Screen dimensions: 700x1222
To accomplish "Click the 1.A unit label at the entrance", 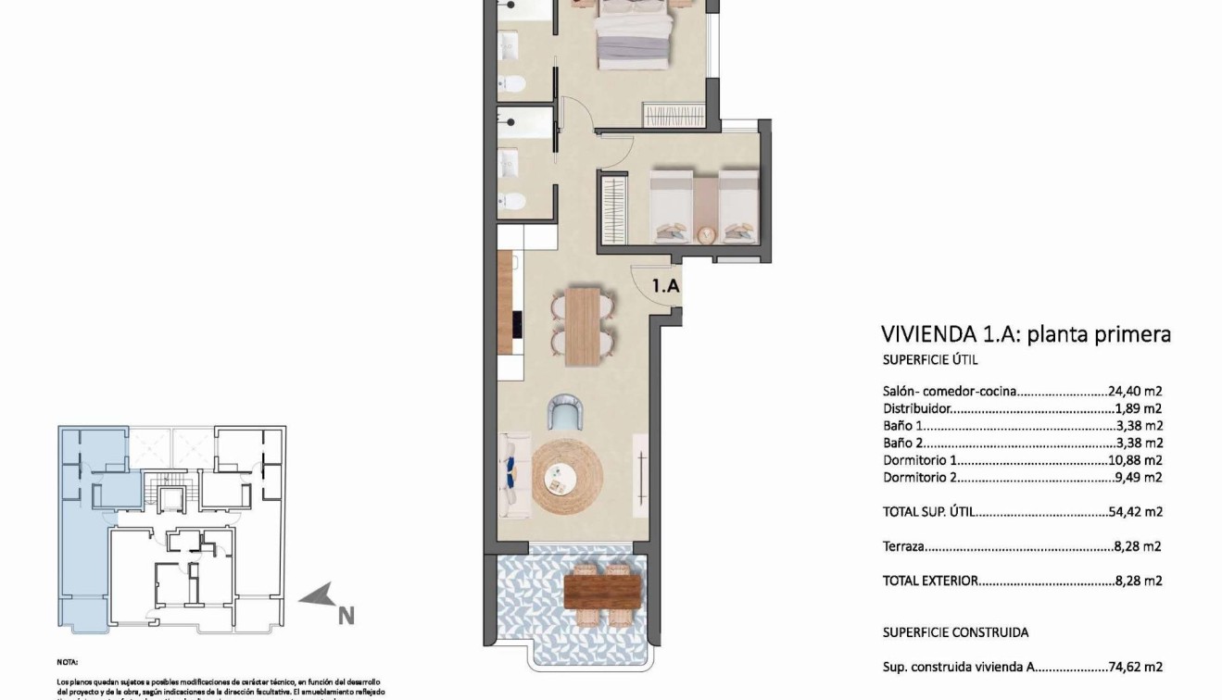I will tap(666, 286).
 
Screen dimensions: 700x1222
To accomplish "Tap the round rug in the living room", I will tap(567, 477).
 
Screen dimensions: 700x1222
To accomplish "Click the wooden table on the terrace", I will tap(601, 589).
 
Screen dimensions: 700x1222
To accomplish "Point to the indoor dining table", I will tap(583, 325).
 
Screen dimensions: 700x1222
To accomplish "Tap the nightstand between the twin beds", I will tap(706, 235).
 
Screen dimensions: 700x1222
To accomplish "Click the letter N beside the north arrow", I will tap(346, 615).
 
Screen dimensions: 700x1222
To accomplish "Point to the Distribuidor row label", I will tap(916, 408).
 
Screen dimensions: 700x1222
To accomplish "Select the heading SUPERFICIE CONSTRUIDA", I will tap(954, 632).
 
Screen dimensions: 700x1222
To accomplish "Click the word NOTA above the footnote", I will tap(67, 662).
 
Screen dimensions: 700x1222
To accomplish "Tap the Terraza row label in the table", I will tap(903, 546).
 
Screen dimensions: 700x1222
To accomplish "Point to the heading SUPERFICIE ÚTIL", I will tap(929, 361).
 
